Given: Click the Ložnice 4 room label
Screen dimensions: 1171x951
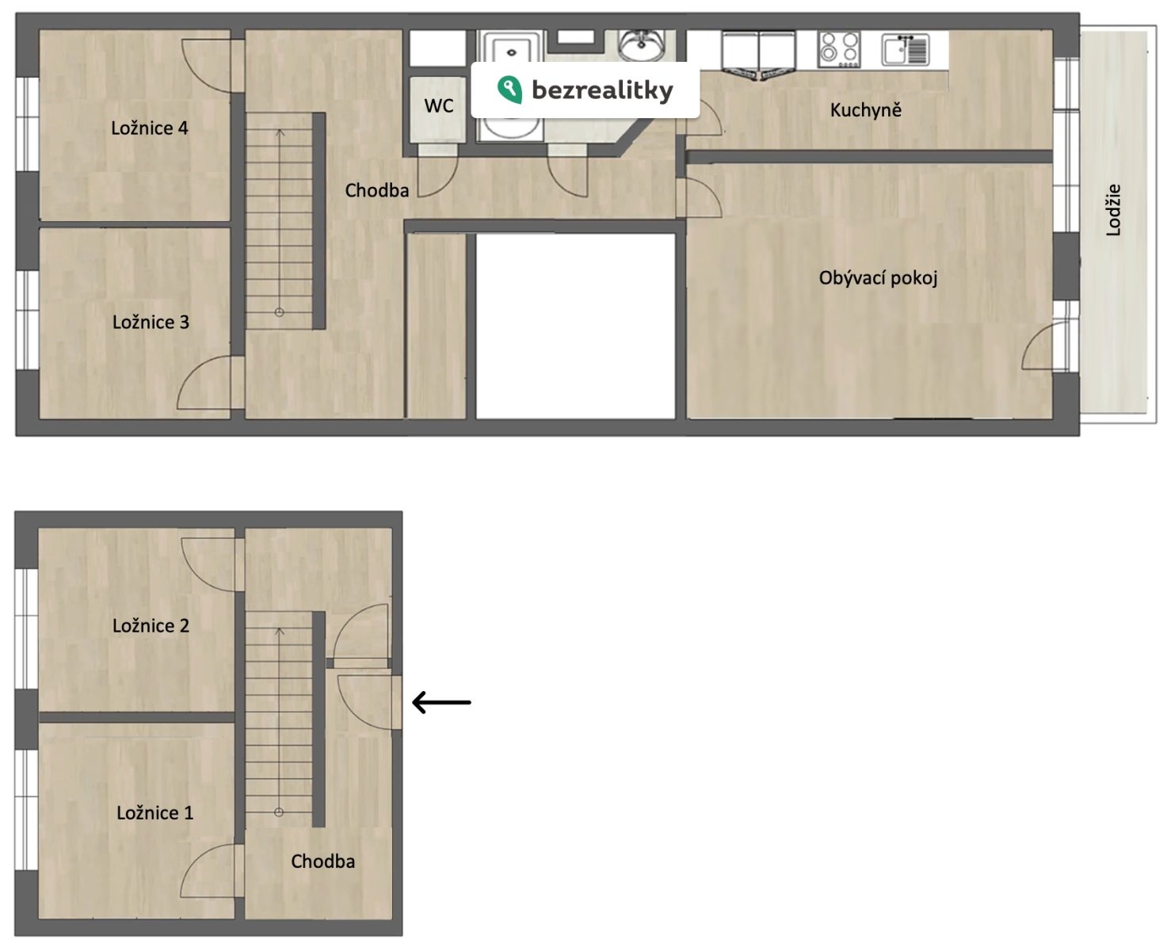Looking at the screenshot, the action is [x=150, y=128].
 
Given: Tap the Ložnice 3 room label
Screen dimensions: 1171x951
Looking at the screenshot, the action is [x=151, y=322].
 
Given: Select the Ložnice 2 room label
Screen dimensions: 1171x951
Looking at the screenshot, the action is [x=151, y=625].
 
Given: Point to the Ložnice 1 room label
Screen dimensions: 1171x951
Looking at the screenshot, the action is [x=155, y=813].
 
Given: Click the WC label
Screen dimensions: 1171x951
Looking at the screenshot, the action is [x=439, y=106].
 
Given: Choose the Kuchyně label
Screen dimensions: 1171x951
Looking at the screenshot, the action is [x=866, y=110].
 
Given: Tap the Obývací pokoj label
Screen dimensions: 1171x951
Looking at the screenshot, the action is [x=878, y=278].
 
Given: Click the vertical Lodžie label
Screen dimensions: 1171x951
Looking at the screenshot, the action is [x=1113, y=210].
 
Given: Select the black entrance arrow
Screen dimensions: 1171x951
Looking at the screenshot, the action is [x=441, y=702].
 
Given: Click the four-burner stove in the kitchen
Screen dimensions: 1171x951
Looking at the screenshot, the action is [x=839, y=49].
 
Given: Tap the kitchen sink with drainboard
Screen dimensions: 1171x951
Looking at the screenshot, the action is [x=906, y=49].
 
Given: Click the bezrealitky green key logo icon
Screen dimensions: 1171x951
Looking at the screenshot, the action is [x=509, y=90].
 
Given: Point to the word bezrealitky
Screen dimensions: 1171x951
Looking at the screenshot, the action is [x=603, y=90].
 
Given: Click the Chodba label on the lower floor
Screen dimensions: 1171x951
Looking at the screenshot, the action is [x=322, y=861].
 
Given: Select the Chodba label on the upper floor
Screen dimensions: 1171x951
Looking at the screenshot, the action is [x=376, y=191].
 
